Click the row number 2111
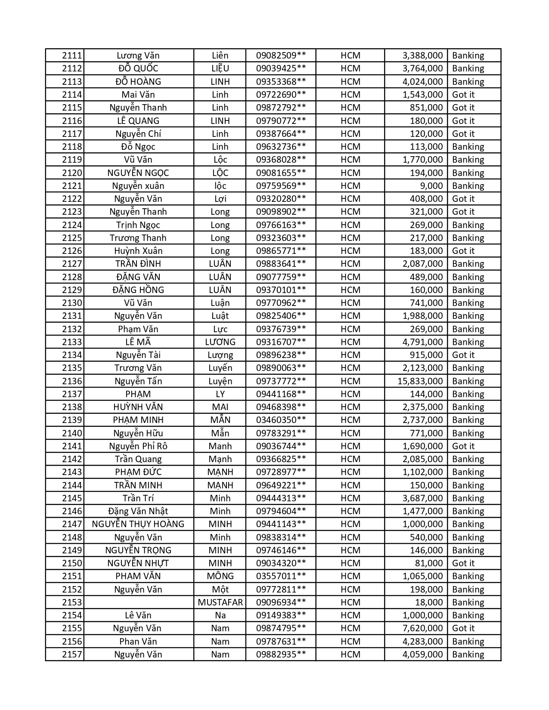72,56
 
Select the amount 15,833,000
420,381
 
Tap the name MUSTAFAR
220,602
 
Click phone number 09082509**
281,56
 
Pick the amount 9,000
431,186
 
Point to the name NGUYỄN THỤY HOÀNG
138,524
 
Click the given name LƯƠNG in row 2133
220,342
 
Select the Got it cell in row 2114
463,95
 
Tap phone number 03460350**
281,420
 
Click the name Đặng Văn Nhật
138,511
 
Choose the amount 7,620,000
422,628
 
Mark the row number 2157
72,654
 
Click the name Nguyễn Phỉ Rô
138,446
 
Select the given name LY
220,394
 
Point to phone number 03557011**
281,576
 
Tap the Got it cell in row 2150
463,563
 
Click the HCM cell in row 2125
350,238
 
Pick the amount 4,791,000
422,342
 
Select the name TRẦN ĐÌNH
138,264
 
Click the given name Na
220,615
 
